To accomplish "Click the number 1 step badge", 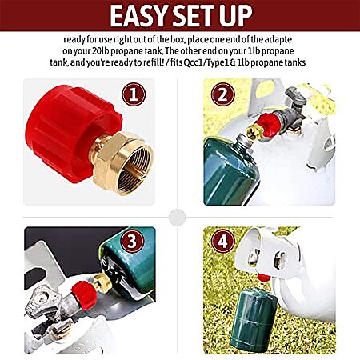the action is (134, 94).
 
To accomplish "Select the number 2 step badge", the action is (223, 94).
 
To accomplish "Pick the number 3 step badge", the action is (132, 242).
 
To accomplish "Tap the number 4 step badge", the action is (223, 242).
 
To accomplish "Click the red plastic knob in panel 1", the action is (72, 133).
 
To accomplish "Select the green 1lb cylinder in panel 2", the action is (230, 170).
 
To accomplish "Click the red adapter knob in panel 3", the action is (85, 295).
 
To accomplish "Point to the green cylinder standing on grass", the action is (253, 321).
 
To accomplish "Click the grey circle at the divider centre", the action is (177, 217).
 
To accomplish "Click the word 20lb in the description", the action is (101, 51).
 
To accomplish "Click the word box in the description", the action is (178, 39).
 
